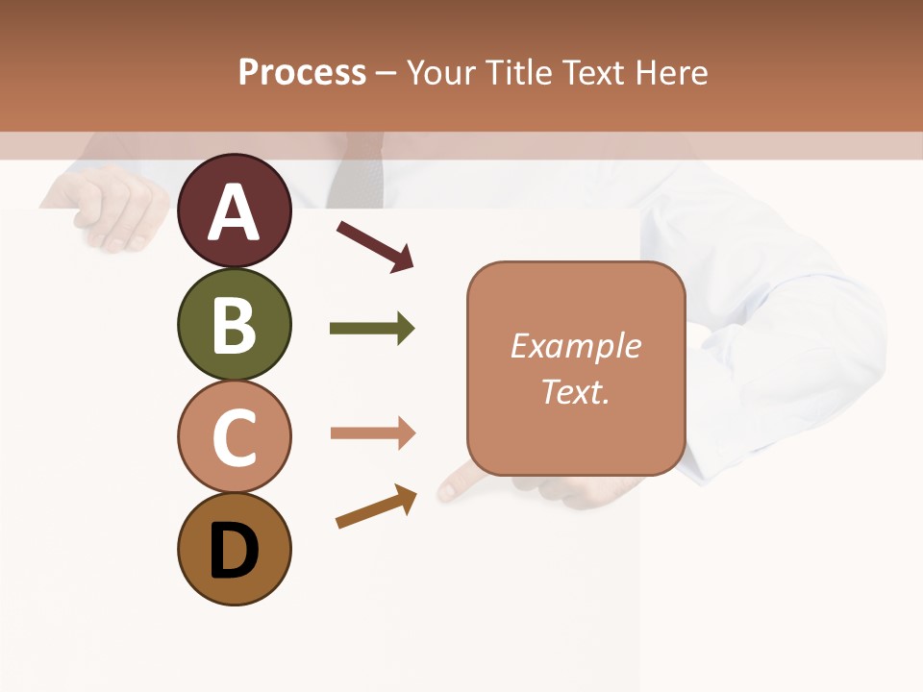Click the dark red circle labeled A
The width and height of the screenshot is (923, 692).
pos(234,210)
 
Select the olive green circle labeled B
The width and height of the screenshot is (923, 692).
pos(234,324)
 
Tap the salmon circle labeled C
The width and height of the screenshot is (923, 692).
pos(234,436)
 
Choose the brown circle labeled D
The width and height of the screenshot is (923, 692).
pos(234,549)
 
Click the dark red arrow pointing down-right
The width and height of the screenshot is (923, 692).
pos(374,246)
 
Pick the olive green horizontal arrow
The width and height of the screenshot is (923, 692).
pos(372,329)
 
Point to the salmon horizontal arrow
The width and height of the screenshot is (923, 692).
pos(372,433)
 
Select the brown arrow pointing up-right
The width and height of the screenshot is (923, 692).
pos(376,507)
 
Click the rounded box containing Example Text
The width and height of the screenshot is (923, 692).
pos(576,368)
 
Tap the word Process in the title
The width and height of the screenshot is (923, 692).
pos(302,72)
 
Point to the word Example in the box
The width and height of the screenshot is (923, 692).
pos(576,346)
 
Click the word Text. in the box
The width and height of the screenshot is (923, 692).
pos(576,392)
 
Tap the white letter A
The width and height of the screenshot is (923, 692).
pos(234,212)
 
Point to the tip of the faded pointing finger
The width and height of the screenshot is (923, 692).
pos(445,491)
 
